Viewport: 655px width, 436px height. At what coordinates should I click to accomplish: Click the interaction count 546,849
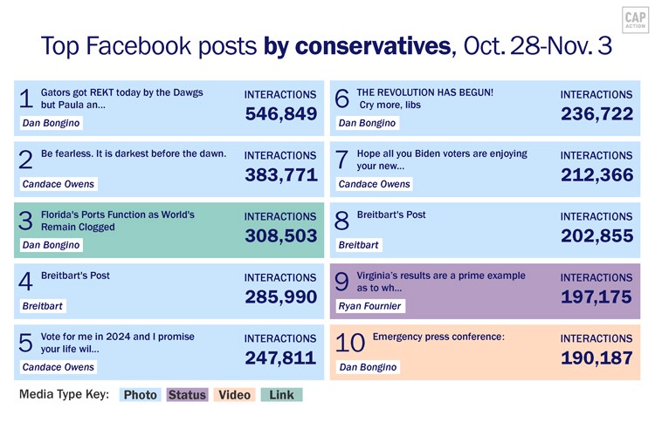280,114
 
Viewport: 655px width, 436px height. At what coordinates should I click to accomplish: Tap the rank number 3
26,222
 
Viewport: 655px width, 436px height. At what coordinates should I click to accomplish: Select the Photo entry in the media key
140,395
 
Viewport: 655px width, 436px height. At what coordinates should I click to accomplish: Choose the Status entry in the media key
187,395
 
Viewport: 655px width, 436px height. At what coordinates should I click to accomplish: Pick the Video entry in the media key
233,395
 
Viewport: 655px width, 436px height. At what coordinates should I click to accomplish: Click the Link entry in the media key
281,395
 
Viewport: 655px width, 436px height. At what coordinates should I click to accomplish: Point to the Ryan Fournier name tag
370,306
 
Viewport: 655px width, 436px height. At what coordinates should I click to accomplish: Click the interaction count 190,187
596,358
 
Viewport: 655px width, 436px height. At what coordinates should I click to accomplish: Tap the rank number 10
350,344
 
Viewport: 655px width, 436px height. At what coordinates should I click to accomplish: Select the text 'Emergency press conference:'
438,337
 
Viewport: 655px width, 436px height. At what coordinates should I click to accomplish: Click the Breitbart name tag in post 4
43,306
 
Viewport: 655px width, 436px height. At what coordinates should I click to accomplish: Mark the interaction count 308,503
280,236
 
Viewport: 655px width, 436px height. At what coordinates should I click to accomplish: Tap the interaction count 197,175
596,297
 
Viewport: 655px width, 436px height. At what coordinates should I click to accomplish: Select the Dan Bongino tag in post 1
51,123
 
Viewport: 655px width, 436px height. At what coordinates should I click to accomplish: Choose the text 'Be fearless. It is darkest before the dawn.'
134,153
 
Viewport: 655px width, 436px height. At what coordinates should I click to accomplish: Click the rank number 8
341,222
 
